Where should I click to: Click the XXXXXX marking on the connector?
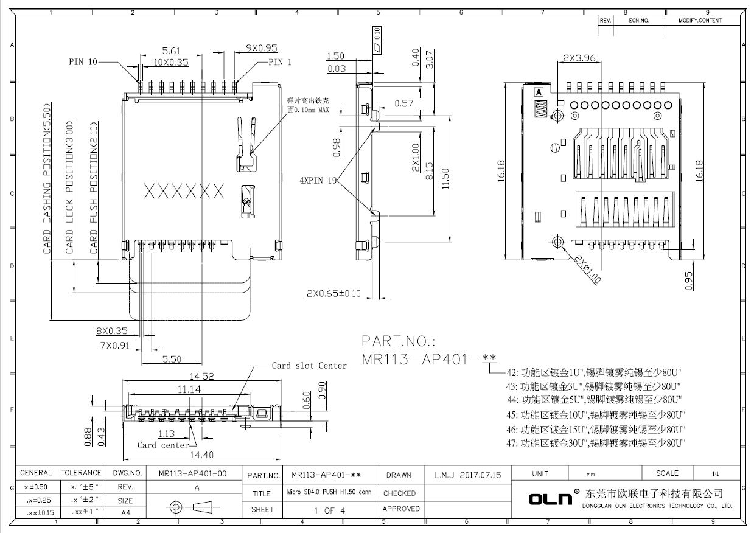[184, 192]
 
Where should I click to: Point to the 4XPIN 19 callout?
[318, 181]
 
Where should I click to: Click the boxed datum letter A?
[539, 92]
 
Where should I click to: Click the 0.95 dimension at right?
[689, 280]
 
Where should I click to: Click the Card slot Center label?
[309, 366]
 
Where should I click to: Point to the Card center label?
[162, 445]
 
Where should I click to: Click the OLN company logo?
[551, 499]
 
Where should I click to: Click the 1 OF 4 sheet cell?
[329, 510]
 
